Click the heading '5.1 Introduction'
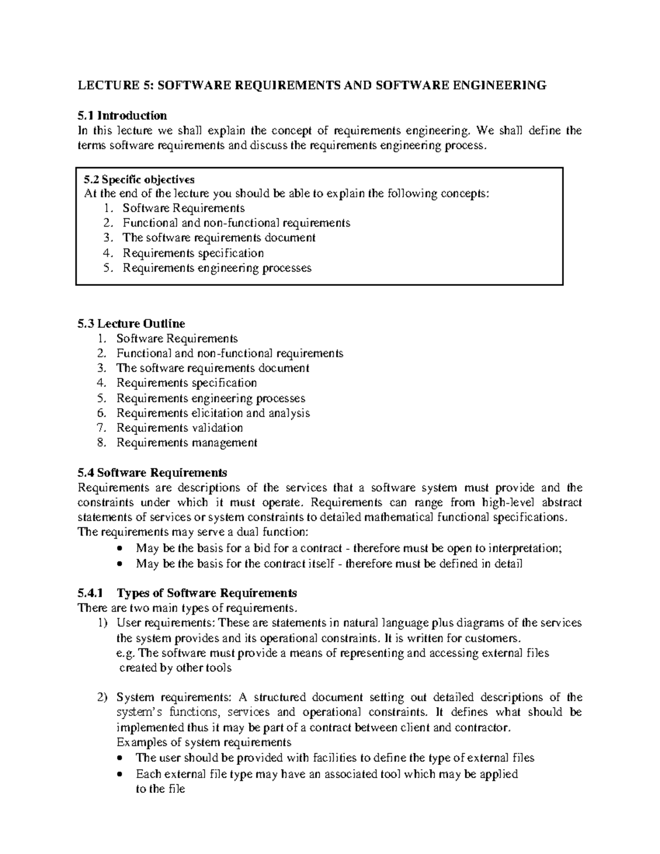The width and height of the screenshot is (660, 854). tap(122, 115)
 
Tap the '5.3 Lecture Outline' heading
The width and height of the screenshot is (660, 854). tap(131, 323)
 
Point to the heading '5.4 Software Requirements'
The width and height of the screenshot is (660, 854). tap(152, 473)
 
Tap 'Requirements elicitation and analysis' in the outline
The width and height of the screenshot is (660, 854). tap(213, 413)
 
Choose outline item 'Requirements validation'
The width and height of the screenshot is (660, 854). tap(179, 428)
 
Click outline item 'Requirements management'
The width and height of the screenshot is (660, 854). tap(186, 443)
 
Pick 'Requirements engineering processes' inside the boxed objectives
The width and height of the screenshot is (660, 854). tap(217, 268)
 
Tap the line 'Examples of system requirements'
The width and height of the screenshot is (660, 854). tap(204, 742)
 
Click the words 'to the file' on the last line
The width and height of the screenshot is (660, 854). tap(160, 789)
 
